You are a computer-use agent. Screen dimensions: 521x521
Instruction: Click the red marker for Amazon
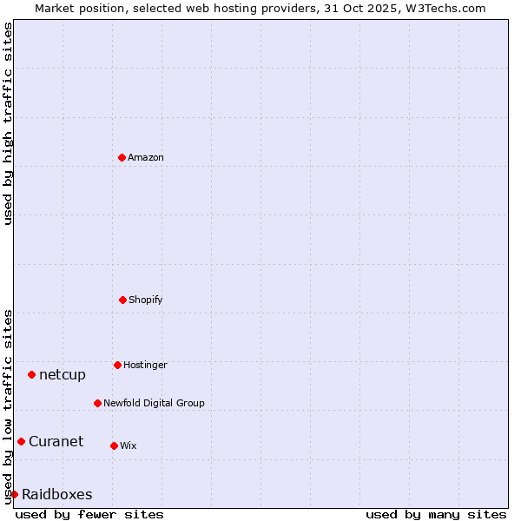click(122, 157)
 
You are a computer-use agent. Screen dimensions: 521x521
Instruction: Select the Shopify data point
click(122, 300)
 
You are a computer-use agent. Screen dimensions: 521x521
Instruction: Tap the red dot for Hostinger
click(117, 365)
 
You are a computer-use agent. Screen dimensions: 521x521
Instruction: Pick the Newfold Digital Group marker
click(97, 403)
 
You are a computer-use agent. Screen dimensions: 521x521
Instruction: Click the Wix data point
click(114, 445)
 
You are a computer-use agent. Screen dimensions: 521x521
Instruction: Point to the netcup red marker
click(31, 374)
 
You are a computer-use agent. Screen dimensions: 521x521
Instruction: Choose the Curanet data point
click(21, 441)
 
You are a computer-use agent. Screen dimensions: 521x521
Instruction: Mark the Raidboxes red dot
click(14, 494)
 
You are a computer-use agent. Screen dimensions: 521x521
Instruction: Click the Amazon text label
click(146, 157)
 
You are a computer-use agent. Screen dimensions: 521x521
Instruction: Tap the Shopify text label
click(146, 300)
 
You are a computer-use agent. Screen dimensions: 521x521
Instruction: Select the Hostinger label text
click(145, 365)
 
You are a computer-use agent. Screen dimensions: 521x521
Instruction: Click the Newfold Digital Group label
click(154, 403)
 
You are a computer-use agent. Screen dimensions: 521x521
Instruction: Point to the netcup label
click(63, 374)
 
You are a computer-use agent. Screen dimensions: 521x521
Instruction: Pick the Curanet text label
click(56, 441)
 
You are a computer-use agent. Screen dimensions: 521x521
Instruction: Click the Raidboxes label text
click(56, 494)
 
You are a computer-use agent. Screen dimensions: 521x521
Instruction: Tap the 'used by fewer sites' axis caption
click(89, 514)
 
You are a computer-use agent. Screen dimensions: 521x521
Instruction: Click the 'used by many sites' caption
click(436, 514)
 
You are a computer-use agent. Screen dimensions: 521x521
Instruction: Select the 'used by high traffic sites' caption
click(8, 123)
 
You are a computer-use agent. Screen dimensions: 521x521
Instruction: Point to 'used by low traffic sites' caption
click(8, 406)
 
